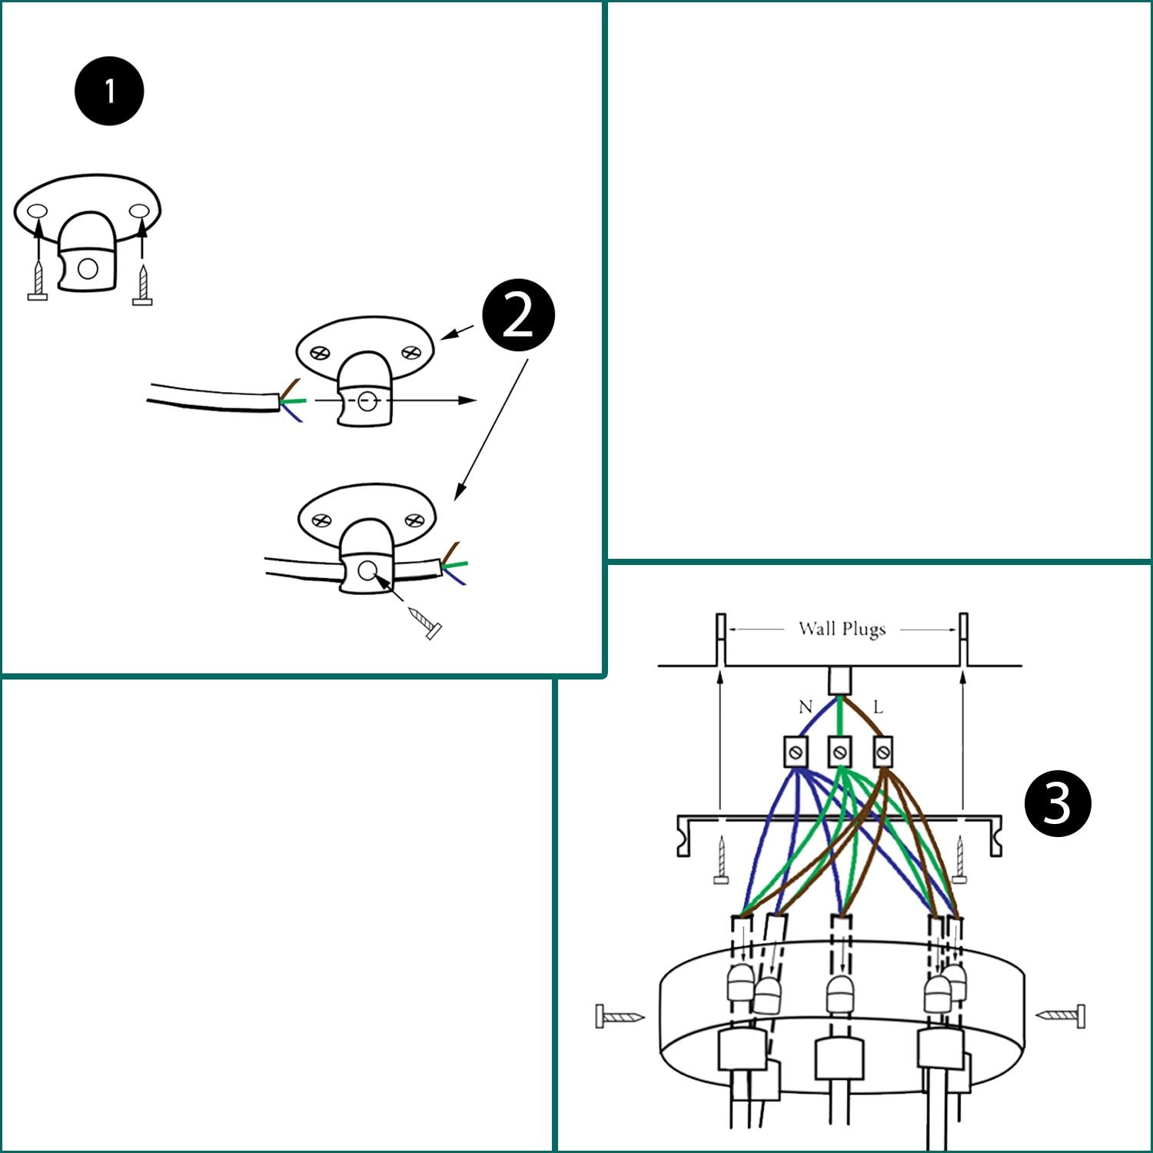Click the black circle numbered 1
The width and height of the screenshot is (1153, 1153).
[109, 91]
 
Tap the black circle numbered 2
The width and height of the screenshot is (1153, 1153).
[518, 315]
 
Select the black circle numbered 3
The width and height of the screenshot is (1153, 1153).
[1058, 803]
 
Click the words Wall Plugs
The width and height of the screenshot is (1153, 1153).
[842, 629]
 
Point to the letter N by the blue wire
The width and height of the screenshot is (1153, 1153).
[805, 706]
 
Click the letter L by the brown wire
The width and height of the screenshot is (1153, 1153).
[878, 706]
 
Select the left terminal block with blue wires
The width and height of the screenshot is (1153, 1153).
[796, 751]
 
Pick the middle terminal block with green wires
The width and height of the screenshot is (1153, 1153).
[840, 751]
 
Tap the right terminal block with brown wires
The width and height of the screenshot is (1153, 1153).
[883, 751]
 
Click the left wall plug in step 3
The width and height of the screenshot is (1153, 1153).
[721, 640]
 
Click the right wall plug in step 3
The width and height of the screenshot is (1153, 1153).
[963, 640]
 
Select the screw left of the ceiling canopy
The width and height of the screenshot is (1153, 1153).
[619, 1016]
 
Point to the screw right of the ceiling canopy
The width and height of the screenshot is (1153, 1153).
[1062, 1015]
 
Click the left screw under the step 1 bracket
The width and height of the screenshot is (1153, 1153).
[38, 281]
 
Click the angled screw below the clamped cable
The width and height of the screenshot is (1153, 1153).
[425, 623]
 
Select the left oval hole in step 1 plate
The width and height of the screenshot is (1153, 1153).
[36, 211]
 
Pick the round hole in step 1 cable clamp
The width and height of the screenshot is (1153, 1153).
[88, 268]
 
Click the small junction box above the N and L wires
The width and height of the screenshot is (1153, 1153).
[840, 680]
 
